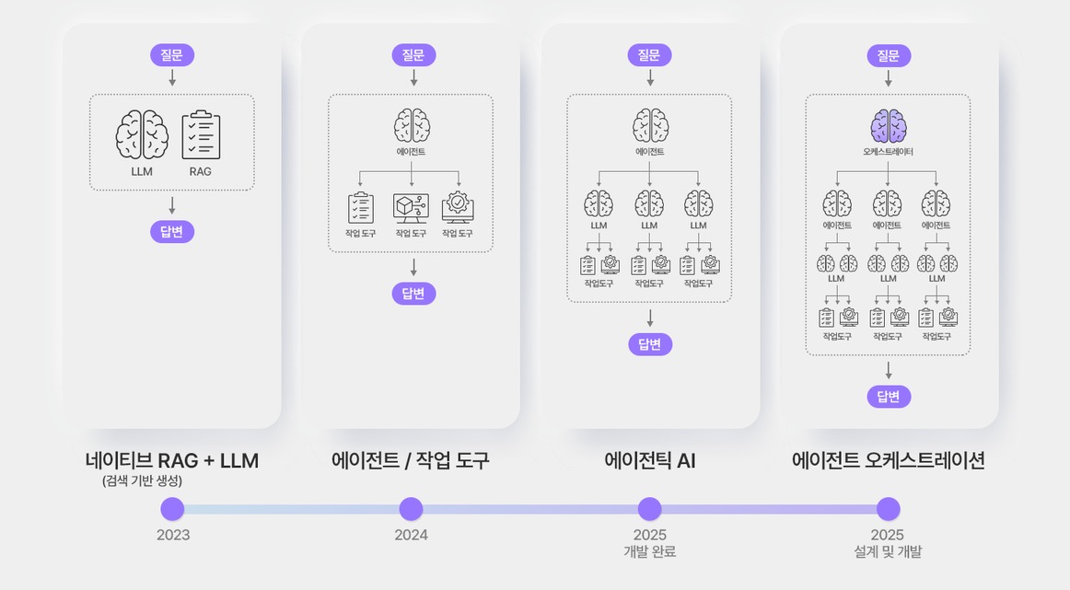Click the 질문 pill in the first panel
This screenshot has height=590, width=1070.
(172, 55)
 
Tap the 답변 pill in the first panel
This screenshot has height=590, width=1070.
(172, 231)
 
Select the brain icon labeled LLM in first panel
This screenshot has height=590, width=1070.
(142, 135)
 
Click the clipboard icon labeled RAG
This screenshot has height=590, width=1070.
(201, 135)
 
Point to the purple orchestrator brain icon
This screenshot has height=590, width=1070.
(888, 126)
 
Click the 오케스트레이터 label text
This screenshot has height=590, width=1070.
(888, 152)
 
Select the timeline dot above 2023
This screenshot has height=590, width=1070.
(172, 509)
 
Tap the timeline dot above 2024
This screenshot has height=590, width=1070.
(411, 509)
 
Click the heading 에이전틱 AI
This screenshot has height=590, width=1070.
(649, 461)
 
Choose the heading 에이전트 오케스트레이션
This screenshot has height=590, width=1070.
(888, 461)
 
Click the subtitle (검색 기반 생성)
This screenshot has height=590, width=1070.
(142, 480)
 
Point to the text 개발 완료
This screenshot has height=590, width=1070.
(649, 552)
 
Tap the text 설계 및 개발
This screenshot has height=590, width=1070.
(888, 552)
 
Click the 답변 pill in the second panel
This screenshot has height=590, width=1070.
(413, 294)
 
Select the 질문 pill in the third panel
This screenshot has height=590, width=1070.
(650, 55)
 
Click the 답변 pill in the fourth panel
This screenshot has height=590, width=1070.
(889, 397)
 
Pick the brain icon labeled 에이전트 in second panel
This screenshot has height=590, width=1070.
(412, 125)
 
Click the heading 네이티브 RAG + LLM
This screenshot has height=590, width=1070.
(172, 461)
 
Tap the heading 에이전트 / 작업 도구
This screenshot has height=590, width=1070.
(411, 461)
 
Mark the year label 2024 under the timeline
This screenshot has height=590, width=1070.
(411, 535)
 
